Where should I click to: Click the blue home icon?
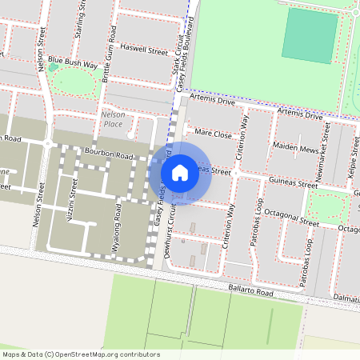pyautogui.click(x=180, y=172)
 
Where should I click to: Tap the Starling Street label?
pyautogui.click(x=80, y=14)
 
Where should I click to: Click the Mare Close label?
pyautogui.click(x=213, y=134)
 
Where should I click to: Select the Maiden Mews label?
pyautogui.click(x=296, y=148)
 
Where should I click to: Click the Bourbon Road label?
pyautogui.click(x=113, y=154)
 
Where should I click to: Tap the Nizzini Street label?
pyautogui.click(x=72, y=203)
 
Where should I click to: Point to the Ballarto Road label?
pyautogui.click(x=250, y=293)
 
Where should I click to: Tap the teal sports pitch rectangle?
pyautogui.click(x=308, y=35)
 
